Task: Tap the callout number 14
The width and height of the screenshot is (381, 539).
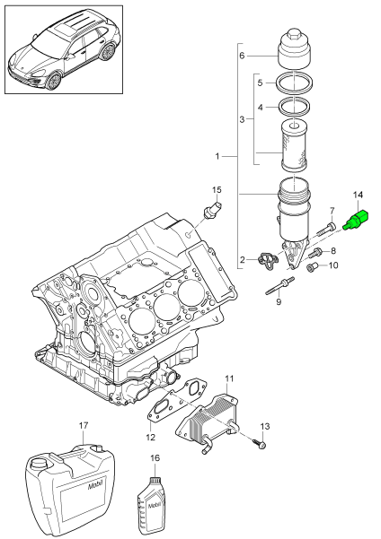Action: pos(358,220)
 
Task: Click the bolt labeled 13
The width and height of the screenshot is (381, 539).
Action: pos(259,444)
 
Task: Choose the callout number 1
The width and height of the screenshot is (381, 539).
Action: pos(219,157)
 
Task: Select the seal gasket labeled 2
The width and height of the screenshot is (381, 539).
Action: pos(267,261)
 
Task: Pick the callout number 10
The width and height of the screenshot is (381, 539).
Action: pos(332,265)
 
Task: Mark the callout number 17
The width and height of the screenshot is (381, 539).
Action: pos(83,425)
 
